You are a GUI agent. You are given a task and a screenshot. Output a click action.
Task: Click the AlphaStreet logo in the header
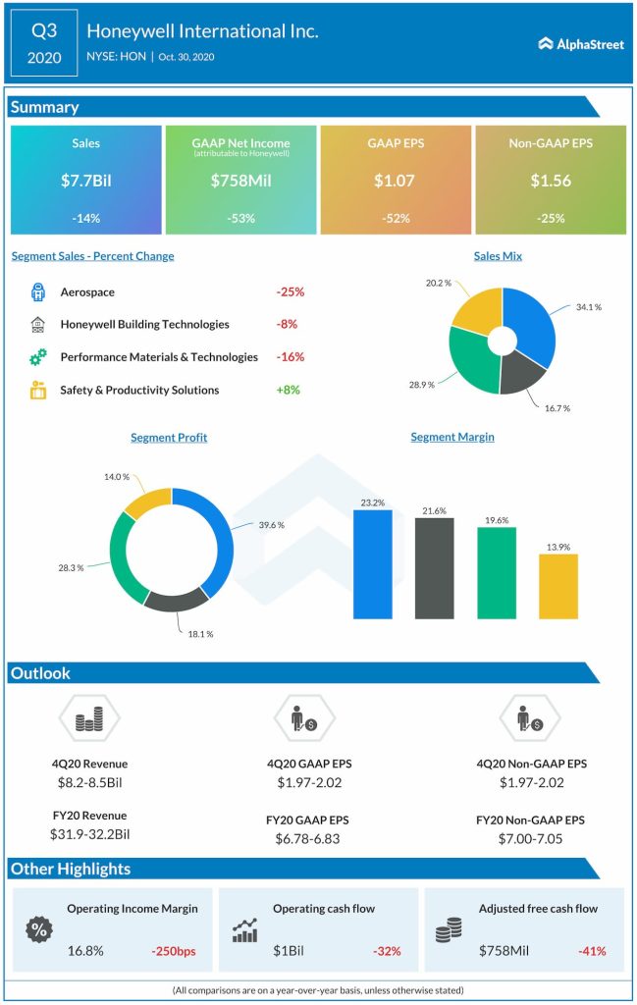pyautogui.click(x=581, y=43)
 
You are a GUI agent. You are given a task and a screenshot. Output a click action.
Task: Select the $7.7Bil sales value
pyautogui.click(x=85, y=181)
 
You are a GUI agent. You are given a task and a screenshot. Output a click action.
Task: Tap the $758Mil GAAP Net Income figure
pyautogui.click(x=240, y=181)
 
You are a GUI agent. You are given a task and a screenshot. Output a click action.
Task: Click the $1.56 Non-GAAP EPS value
pyautogui.click(x=550, y=181)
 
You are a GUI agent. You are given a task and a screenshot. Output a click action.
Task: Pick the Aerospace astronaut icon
pyautogui.click(x=38, y=291)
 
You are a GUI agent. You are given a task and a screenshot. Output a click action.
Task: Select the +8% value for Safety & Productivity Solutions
pyautogui.click(x=288, y=390)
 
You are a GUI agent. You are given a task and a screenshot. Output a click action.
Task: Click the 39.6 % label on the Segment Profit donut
pyautogui.click(x=271, y=525)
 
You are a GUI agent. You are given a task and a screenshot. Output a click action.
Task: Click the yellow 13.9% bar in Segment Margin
pyautogui.click(x=558, y=586)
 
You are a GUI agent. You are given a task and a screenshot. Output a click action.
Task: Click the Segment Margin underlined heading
pyautogui.click(x=451, y=437)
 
